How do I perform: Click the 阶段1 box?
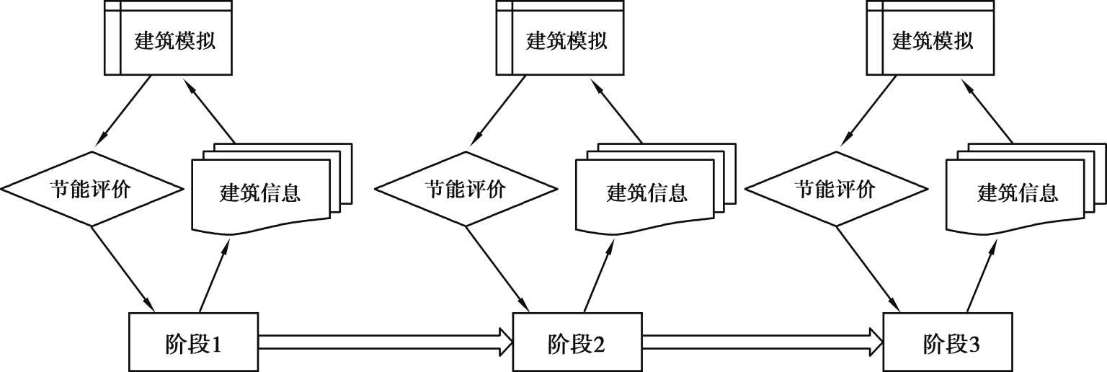tap(193, 340)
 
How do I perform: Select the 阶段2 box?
tap(577, 340)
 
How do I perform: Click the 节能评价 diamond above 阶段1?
tap(91, 189)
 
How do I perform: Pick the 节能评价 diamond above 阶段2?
tap(466, 189)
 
